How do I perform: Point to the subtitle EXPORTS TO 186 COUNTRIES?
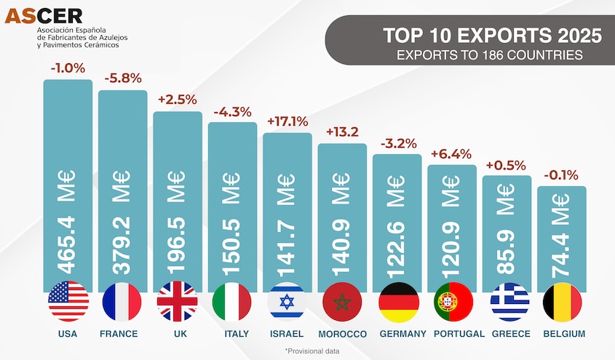click(493, 55)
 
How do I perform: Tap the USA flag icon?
click(68, 301)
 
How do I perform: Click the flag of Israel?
click(286, 301)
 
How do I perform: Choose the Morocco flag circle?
click(341, 301)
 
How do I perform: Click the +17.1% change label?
click(287, 121)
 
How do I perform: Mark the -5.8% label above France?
click(123, 79)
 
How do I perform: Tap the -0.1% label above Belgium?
click(561, 175)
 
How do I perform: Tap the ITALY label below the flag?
click(232, 334)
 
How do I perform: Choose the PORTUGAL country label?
click(459, 334)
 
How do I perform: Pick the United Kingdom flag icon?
click(178, 301)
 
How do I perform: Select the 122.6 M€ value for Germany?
click(397, 229)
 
